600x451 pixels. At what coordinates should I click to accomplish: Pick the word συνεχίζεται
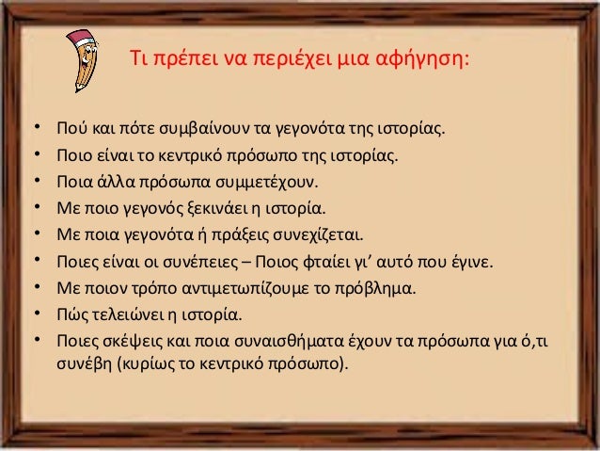point(316,232)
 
